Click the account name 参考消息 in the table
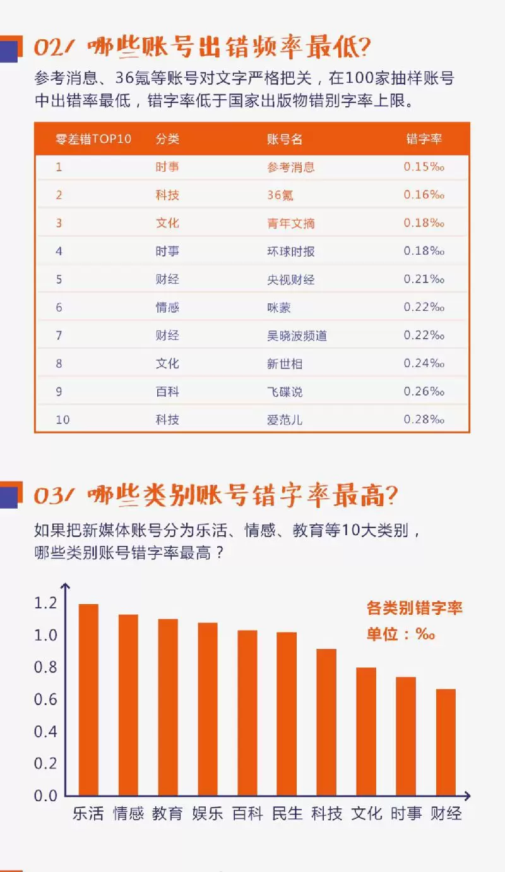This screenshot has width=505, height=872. [x=290, y=167]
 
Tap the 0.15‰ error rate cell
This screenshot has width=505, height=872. [x=424, y=167]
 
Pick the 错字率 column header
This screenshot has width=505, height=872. [x=424, y=139]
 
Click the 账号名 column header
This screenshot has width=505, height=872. [x=285, y=139]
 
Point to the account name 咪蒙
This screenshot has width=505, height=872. [x=279, y=307]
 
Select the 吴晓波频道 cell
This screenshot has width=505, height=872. [x=297, y=336]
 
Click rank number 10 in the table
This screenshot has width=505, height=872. [x=62, y=420]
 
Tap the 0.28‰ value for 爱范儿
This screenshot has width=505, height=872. [x=424, y=420]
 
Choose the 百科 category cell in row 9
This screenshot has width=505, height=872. [x=167, y=392]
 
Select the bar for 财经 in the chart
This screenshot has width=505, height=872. [x=446, y=742]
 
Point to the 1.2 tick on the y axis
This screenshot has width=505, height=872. [x=45, y=603]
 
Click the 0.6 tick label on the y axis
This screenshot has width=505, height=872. [x=45, y=699]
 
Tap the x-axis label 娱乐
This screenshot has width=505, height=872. [x=208, y=813]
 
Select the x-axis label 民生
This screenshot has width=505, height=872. [x=287, y=813]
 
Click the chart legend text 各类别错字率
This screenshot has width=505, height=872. [x=414, y=609]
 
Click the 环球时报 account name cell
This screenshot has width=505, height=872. [x=290, y=251]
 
